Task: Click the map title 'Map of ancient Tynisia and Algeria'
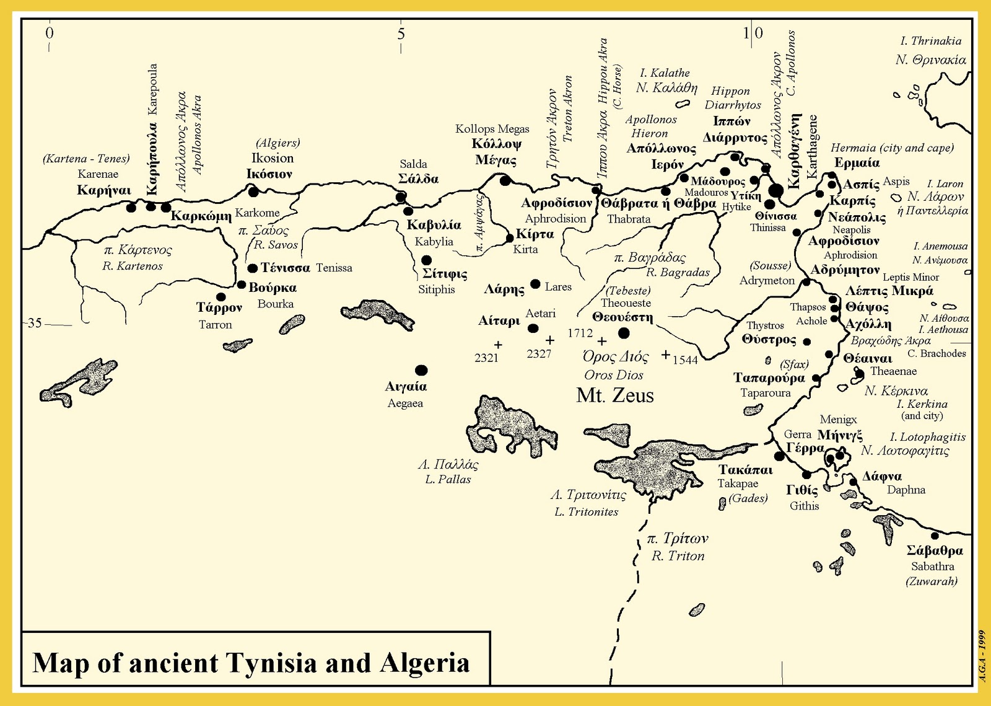pyautogui.click(x=251, y=663)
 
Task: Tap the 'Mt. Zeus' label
pyautogui.click(x=615, y=395)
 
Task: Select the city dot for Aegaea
pyautogui.click(x=421, y=371)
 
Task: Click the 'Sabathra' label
pyautogui.click(x=932, y=567)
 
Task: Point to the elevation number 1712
pyautogui.click(x=580, y=333)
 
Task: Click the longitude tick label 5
pyautogui.click(x=401, y=33)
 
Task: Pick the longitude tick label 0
pyautogui.click(x=50, y=33)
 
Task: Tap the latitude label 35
pyautogui.click(x=35, y=323)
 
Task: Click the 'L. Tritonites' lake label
pyautogui.click(x=586, y=512)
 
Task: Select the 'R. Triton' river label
pyautogui.click(x=678, y=556)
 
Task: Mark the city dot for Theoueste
pyautogui.click(x=624, y=333)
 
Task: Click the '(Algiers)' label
pyautogui.click(x=277, y=143)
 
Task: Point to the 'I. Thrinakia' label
pyautogui.click(x=930, y=41)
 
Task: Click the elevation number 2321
pyautogui.click(x=486, y=358)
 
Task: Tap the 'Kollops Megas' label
pyautogui.click(x=492, y=129)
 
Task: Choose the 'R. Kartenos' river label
pyautogui.click(x=133, y=267)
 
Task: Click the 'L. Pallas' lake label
pyautogui.click(x=448, y=479)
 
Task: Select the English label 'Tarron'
pyautogui.click(x=215, y=325)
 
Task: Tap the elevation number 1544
pyautogui.click(x=685, y=360)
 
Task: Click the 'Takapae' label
pyautogui.click(x=738, y=483)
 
